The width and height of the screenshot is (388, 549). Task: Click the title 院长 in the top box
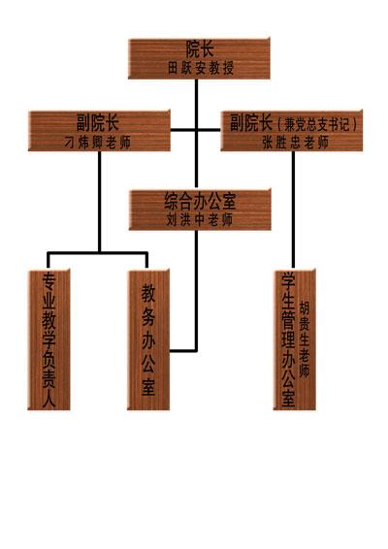click(x=200, y=49)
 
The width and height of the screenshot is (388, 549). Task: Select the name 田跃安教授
click(x=201, y=68)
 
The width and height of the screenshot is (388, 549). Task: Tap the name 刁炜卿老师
click(x=98, y=143)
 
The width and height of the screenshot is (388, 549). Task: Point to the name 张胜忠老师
click(x=296, y=143)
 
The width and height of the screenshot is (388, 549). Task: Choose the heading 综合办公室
click(x=200, y=201)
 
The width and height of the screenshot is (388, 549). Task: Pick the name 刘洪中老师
click(x=200, y=219)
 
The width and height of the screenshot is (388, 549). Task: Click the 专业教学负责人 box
click(x=49, y=339)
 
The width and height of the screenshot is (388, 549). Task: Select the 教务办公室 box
click(x=148, y=339)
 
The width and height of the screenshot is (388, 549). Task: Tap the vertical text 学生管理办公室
click(x=289, y=339)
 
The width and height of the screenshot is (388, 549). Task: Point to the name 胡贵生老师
click(x=304, y=339)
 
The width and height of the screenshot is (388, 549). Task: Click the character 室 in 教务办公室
click(x=148, y=387)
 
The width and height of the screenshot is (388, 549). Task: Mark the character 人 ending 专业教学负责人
click(x=49, y=399)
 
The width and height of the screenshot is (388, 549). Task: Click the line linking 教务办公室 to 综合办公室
click(x=196, y=290)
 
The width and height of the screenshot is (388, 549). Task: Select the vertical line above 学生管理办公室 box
click(x=293, y=210)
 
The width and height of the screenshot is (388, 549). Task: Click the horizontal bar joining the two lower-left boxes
click(x=98, y=252)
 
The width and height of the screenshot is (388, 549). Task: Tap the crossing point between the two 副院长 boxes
click(x=197, y=130)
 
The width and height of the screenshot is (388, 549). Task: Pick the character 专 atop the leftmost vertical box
click(x=49, y=281)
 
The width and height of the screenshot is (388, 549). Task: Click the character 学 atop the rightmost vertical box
click(x=289, y=280)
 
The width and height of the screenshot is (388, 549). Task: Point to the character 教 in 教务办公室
click(x=148, y=293)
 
